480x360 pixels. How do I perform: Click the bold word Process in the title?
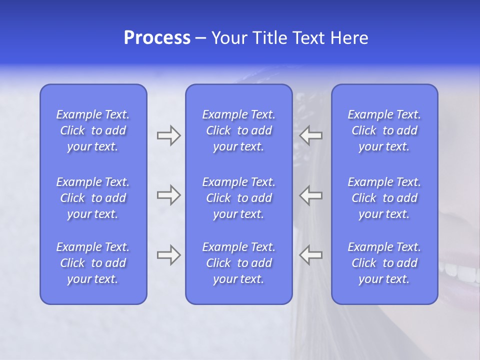coord(157,38)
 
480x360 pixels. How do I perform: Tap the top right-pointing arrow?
coord(168,135)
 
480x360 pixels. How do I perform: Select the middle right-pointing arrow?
coord(168,195)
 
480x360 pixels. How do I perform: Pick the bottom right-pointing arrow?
coord(168,255)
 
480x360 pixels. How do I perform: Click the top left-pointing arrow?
coord(311,135)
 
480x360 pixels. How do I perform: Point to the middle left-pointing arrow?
coord(311,195)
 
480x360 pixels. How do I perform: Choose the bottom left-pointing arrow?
coord(311,255)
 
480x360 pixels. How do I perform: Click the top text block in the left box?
coord(93,130)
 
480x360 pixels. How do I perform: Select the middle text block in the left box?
coord(93,198)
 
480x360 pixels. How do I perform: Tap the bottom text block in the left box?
coord(93,263)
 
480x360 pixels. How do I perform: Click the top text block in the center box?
coord(239,130)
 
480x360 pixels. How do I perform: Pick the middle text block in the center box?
coord(239,198)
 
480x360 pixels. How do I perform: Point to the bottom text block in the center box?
coord(239,263)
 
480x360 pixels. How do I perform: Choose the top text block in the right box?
coord(384,130)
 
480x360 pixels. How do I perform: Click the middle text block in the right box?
coord(384,198)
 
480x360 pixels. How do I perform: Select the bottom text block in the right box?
coord(384,263)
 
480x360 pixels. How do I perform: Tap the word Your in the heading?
coord(229,38)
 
